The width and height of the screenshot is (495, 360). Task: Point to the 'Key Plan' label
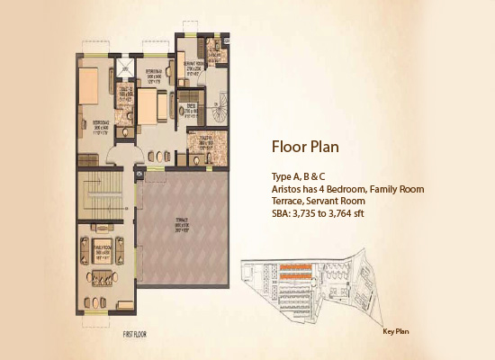coord(396,331)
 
